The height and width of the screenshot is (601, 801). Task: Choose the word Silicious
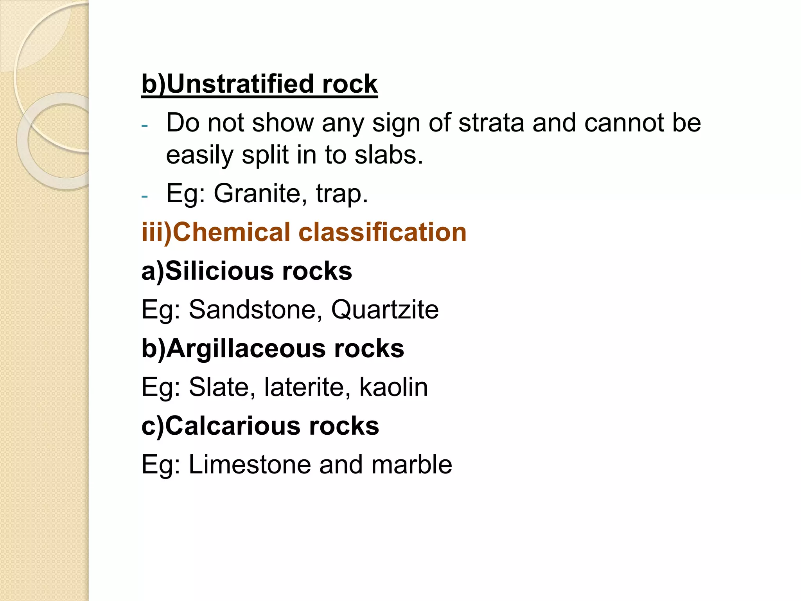coord(219,271)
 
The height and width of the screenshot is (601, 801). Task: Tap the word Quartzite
coord(385,309)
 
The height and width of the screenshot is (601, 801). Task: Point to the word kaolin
coord(393,387)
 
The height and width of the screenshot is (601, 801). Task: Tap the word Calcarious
coord(233,426)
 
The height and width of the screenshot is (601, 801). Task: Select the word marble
coord(411,464)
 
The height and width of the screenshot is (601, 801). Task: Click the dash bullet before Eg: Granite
coord(145,195)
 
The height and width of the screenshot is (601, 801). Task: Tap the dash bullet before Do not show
coord(145,125)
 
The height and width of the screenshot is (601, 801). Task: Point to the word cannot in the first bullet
coord(624,123)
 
